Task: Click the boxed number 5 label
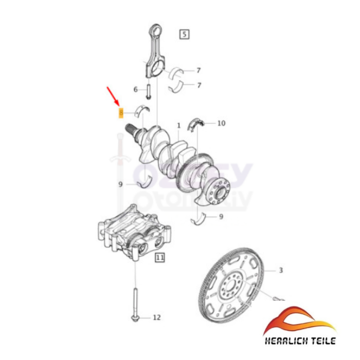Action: coord(184,34)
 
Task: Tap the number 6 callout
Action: coord(136,89)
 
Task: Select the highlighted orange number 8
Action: coord(120,112)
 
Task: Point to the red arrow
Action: coord(112,97)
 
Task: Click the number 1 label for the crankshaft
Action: coord(178,125)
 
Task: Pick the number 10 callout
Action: coord(221,123)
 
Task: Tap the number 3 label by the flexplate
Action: coord(281,270)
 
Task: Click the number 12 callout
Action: coord(157,317)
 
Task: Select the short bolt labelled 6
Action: coord(148,92)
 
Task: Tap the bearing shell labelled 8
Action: coord(142,109)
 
